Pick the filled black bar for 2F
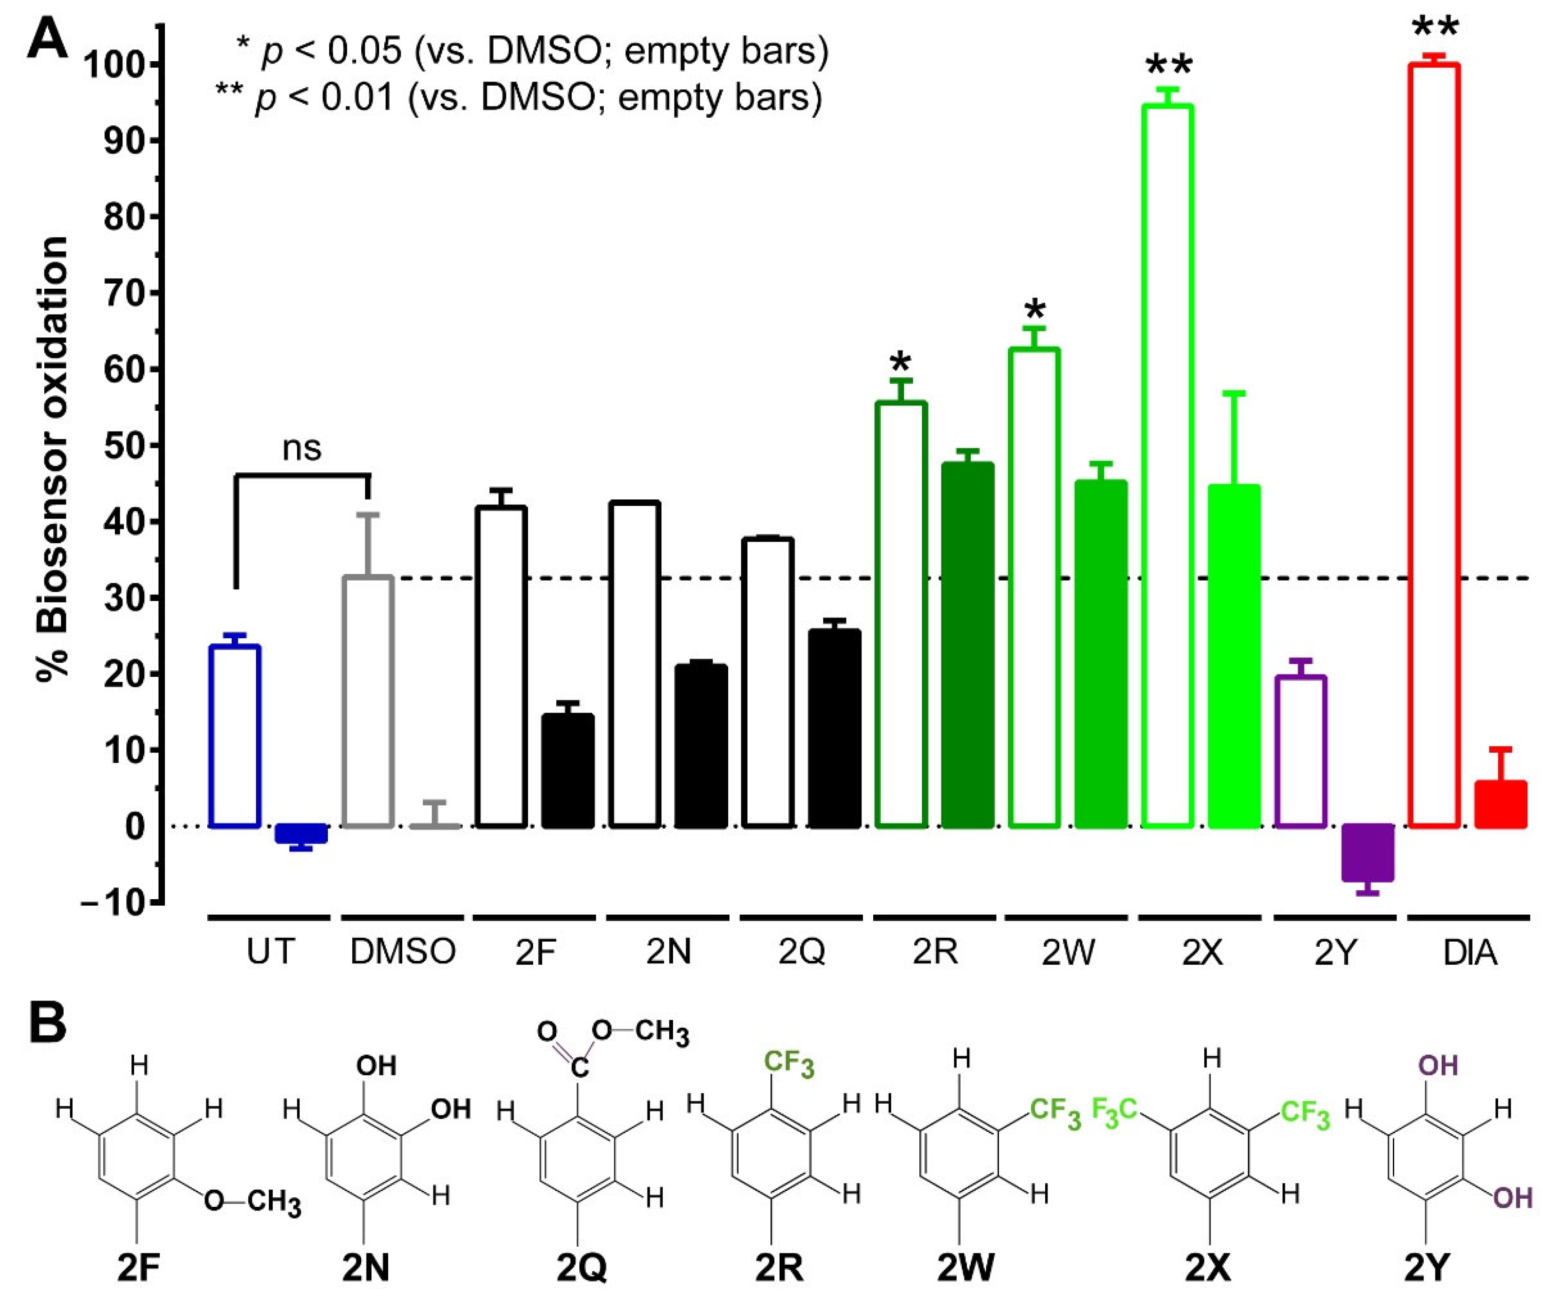click(568, 770)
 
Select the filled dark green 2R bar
click(967, 645)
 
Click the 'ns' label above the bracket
click(302, 448)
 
